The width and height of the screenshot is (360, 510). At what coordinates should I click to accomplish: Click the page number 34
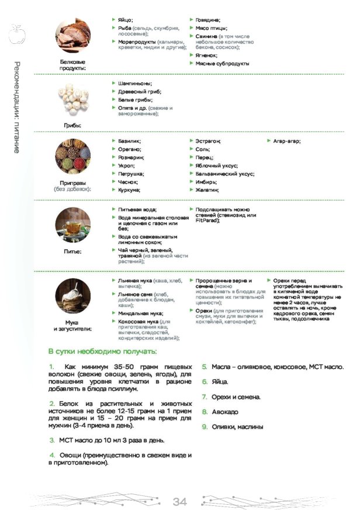click(179, 501)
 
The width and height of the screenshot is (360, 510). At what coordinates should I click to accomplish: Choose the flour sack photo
click(72, 297)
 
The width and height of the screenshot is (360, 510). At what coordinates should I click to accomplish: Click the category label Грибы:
click(72, 125)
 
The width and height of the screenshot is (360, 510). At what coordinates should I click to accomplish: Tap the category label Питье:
click(72, 251)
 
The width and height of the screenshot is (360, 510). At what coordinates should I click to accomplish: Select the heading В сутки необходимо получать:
click(102, 351)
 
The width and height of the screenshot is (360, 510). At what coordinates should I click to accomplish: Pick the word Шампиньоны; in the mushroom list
click(134, 84)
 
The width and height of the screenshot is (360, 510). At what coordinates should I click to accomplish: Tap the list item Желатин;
click(207, 190)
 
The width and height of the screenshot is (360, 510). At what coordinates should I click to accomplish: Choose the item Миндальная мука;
click(140, 313)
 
